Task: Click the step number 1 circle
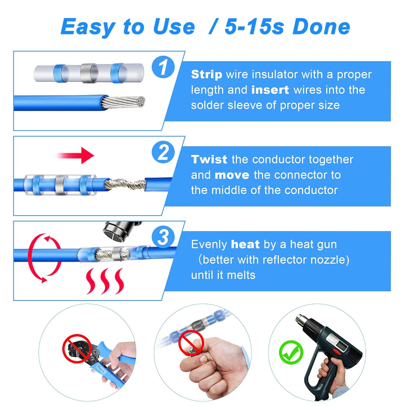pos(163,67)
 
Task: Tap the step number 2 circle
pos(163,152)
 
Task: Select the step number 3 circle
pos(163,237)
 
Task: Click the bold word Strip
pos(206,74)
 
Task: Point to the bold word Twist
pos(209,160)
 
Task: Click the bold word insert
pos(270,90)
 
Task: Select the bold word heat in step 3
pos(245,244)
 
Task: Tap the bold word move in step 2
pos(232,175)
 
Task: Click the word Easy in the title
pos(88,27)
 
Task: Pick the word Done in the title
pos(322,27)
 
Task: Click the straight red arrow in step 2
pos(76,156)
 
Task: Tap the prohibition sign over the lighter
pos(191,343)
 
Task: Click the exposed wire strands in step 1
pos(125,102)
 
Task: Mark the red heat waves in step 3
pos(105,281)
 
